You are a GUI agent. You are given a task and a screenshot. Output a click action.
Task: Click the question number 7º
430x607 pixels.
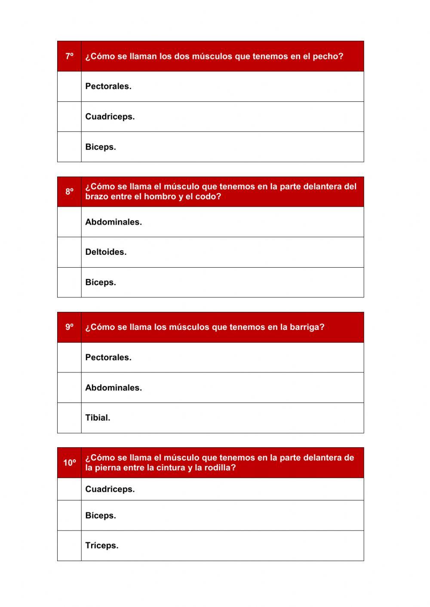coord(69,56)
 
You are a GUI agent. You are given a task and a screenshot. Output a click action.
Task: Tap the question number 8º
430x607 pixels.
coord(69,192)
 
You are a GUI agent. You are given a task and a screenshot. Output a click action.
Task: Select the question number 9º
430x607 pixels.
coord(69,327)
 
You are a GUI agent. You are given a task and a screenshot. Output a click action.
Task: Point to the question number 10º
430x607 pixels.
coord(69,463)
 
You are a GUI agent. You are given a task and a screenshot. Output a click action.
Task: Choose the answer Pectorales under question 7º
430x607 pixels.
coord(108,86)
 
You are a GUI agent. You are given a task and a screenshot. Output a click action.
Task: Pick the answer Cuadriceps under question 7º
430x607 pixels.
coord(110,116)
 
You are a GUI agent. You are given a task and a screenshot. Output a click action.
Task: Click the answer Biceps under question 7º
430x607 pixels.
coord(100,147)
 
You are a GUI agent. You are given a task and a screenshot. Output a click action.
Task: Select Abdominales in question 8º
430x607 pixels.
coord(113,222)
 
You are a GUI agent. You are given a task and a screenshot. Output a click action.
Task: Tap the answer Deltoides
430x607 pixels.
coord(105,252)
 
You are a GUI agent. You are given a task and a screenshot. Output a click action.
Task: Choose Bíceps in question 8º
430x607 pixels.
coord(100,282)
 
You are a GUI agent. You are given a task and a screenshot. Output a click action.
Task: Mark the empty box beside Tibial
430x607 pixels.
coord(69,418)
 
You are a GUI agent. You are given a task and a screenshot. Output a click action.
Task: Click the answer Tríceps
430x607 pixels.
coord(101,546)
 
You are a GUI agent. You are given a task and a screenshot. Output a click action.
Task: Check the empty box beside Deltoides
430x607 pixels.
coord(69,252)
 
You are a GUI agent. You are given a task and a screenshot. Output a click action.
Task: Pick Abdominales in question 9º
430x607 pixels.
coord(113,387)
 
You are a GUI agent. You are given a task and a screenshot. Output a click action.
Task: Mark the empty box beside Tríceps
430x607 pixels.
coord(69,546)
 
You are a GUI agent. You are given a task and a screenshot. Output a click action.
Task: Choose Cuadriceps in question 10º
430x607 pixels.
coord(110,489)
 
